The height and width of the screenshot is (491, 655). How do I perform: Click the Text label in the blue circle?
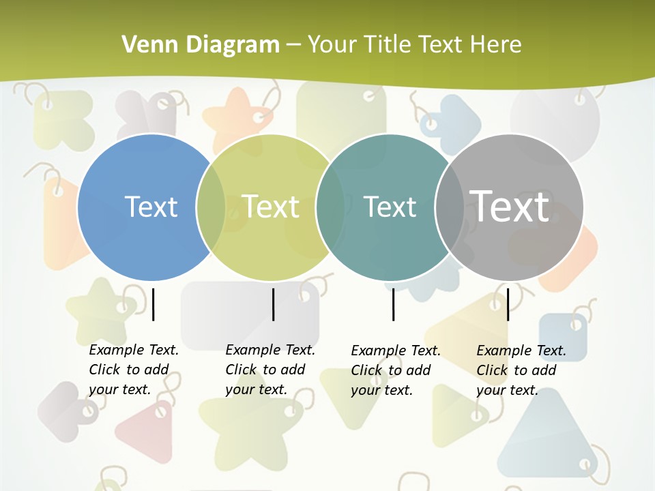pos(151,207)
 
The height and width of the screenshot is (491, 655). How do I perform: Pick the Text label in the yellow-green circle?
pos(271,207)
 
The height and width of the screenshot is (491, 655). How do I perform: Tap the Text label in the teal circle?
pos(390,207)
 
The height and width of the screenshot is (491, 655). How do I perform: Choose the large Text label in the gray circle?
pos(510,207)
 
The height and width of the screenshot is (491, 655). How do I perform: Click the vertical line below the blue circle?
pos(154,304)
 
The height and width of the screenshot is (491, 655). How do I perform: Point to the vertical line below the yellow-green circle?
pos(273,304)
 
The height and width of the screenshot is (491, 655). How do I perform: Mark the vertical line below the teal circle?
pos(393,304)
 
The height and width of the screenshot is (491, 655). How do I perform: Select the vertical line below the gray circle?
pos(508,304)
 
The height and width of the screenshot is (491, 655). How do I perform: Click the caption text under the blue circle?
pos(133,370)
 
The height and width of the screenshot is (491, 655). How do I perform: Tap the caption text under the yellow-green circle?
pos(270,370)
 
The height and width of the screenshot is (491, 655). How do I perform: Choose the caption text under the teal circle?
pos(395,370)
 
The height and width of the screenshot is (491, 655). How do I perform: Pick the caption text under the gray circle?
pos(521,370)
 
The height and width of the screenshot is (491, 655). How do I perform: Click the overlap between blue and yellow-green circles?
pos(211,207)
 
